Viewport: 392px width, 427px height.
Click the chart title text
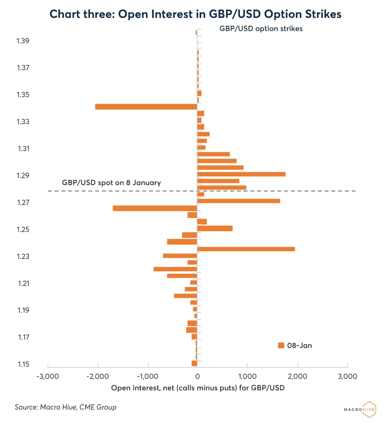click(x=196, y=14)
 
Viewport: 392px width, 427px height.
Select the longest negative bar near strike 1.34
click(x=146, y=107)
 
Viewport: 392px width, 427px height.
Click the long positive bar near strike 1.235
click(x=246, y=249)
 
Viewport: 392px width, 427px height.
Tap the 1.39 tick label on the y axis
click(x=23, y=41)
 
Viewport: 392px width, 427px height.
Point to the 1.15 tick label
click(x=23, y=365)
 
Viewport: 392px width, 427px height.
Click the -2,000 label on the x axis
click(x=98, y=377)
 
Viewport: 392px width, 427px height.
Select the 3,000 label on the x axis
click(x=347, y=377)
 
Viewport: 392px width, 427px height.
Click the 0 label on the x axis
click(x=197, y=377)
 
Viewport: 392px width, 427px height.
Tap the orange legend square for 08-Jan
click(x=281, y=345)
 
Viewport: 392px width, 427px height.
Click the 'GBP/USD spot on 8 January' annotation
click(x=111, y=182)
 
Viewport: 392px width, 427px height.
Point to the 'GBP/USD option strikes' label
click(x=261, y=29)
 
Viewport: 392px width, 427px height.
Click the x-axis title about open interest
click(x=198, y=388)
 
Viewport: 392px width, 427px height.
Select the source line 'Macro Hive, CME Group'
click(x=65, y=407)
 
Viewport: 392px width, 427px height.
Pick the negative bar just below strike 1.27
click(x=155, y=208)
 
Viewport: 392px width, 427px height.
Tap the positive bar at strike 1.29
click(x=241, y=174)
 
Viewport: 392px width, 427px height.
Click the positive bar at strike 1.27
click(x=239, y=201)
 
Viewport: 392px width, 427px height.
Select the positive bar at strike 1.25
click(x=215, y=228)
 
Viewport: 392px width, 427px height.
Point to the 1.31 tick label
click(x=23, y=149)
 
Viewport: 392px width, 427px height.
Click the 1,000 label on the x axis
click(x=247, y=377)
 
